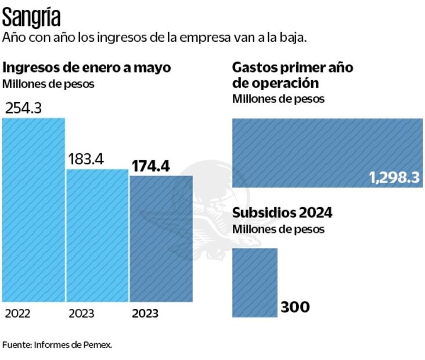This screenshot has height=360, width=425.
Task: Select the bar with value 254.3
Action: click(34, 209)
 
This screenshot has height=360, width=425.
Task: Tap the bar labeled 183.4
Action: click(97, 235)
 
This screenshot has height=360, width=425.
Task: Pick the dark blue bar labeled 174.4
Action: click(161, 238)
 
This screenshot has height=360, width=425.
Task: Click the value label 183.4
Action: click(86, 159)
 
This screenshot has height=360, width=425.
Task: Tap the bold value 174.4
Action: click(150, 165)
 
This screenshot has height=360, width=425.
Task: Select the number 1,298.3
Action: click(394, 178)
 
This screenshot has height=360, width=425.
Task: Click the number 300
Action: click(295, 307)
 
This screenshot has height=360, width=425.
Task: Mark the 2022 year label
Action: click(17, 314)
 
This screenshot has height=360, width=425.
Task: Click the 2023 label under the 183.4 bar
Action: click(81, 314)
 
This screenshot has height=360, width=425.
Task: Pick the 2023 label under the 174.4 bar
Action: click(145, 314)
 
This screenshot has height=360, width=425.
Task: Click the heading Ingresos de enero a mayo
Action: click(87, 67)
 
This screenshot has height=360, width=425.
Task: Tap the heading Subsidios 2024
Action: click(282, 213)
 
